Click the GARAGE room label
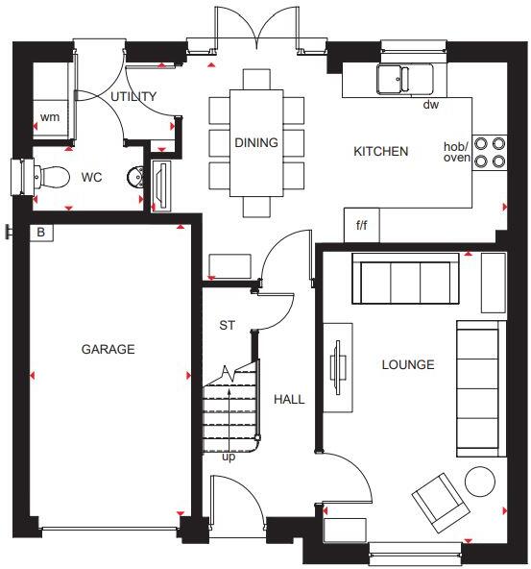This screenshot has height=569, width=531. [x=108, y=349]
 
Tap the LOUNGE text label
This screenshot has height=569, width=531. [x=407, y=364]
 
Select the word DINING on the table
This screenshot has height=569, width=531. [x=255, y=143]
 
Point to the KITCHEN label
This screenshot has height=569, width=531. [x=381, y=151]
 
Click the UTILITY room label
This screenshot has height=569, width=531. [x=133, y=97]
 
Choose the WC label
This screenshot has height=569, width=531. [x=91, y=178]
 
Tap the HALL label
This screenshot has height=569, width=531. [x=289, y=399]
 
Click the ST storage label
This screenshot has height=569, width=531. [x=227, y=325]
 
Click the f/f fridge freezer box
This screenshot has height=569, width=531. [x=361, y=226]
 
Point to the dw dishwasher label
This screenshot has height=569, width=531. [x=430, y=105]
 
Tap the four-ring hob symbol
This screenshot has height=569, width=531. [x=490, y=152]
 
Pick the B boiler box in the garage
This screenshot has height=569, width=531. [x=41, y=232]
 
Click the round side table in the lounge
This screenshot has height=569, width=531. [x=479, y=480]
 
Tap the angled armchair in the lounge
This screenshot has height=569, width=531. [x=438, y=500]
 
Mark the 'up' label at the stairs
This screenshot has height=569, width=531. [x=229, y=457]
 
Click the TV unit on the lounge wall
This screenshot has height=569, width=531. [x=338, y=365]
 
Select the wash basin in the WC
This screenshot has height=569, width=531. [x=134, y=177]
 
